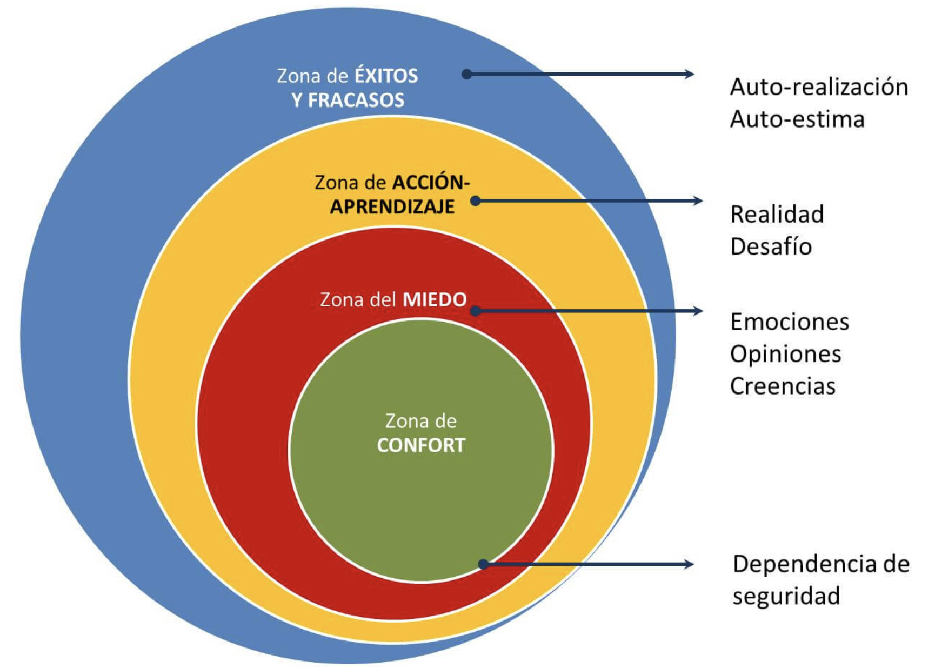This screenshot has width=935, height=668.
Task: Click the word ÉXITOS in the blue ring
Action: point(386,76)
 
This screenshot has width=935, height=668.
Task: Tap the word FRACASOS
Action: point(356,101)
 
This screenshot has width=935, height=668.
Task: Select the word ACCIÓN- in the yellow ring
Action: point(431,183)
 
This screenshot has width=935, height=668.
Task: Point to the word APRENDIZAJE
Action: point(392,207)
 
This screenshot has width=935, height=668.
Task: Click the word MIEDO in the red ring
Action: point(435,299)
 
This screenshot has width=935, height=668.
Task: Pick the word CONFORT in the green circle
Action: point(420,445)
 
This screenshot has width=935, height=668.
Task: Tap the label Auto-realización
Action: point(818,87)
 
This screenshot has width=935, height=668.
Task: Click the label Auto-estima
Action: point(797,119)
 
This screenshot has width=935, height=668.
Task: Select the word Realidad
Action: point(777,215)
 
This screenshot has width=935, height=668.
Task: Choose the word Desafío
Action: point(771,247)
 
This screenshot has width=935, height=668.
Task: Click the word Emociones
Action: point(789,322)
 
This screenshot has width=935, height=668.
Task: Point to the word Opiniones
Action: point(785,355)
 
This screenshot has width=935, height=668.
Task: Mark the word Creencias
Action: point(782,386)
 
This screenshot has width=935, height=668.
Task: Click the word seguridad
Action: point(786,596)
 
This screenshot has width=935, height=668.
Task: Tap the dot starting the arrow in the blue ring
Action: point(467,74)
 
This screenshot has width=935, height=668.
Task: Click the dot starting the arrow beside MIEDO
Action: point(475,311)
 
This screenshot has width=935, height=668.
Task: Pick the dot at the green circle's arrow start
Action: point(483,564)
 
